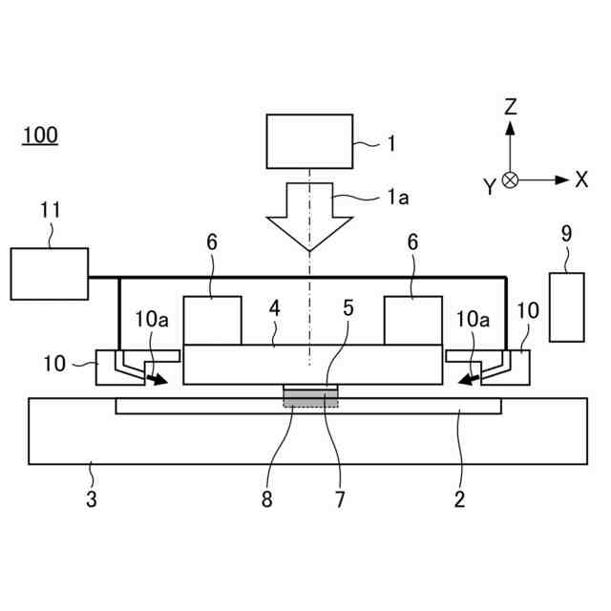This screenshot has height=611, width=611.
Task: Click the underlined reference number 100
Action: pos(40,135)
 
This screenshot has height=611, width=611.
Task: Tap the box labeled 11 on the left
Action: pos(50,273)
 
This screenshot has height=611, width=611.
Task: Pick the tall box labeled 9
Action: pos(566,306)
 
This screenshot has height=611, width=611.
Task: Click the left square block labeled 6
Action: pos(212,321)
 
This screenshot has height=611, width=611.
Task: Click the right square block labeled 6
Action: pos(412,321)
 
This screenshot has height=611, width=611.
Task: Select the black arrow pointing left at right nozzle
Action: pos(467,380)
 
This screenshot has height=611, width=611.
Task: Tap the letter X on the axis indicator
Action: pos(580,179)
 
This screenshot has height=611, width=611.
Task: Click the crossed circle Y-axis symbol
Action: pos(511,179)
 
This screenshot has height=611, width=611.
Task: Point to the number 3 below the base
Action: pos(92,497)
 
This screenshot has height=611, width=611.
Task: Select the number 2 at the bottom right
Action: pos(459,497)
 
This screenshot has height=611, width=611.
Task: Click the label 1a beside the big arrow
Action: pos(397,197)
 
